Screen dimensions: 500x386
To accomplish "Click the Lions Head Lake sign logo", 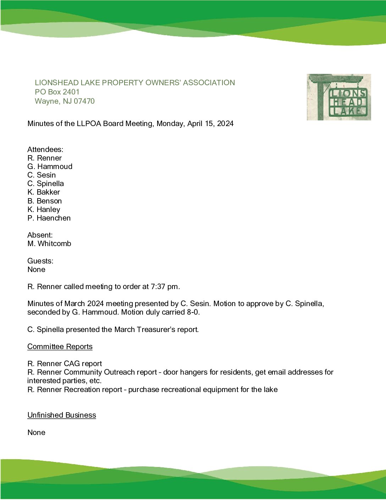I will (339, 97).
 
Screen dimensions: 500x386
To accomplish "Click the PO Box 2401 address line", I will (57, 92).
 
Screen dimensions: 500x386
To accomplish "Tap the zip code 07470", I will (84, 101).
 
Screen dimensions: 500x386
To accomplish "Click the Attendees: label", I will (45, 150).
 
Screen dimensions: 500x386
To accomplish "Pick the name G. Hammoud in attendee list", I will (50, 167).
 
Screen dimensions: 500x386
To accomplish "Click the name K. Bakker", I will (44, 192).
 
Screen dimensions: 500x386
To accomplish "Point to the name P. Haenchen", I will (49, 218).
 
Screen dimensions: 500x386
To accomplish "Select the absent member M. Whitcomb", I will (49, 244).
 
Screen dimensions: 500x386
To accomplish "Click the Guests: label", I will (40, 261).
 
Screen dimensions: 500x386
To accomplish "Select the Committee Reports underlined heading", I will (60, 347).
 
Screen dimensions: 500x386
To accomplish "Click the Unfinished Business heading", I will (62, 415).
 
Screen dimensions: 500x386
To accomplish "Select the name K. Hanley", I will (44, 210).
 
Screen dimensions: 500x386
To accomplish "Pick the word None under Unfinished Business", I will (36, 433).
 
